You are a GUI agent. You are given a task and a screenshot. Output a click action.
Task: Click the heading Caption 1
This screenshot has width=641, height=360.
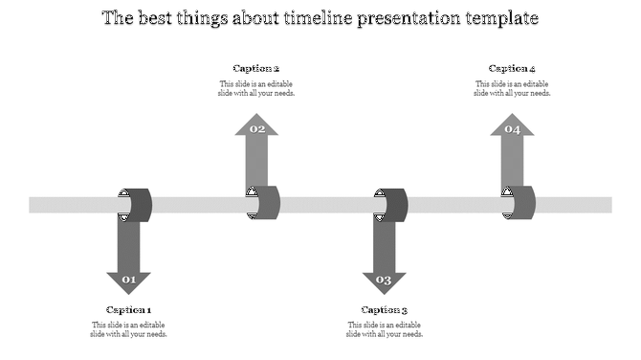[128, 309]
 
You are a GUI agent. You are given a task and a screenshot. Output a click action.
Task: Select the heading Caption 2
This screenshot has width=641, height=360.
[256, 68]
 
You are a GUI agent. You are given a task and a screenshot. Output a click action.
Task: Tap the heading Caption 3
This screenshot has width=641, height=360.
[385, 309]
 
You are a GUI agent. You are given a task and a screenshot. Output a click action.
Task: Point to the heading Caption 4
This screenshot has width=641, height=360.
[512, 68]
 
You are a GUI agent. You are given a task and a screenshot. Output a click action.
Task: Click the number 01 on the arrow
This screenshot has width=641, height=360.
[128, 281]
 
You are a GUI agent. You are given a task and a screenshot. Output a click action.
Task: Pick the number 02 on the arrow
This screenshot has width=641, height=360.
[256, 128]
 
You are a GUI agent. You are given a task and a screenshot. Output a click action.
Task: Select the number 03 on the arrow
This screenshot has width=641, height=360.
[384, 281]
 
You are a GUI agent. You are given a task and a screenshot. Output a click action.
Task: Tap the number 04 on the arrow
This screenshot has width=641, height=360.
[512, 129]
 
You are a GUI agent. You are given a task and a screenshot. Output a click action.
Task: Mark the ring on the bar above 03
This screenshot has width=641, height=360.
[392, 205]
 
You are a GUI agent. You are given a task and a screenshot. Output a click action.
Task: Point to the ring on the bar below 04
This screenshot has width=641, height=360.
[520, 203]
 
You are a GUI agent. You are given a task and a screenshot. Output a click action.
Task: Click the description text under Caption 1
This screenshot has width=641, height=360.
[128, 329]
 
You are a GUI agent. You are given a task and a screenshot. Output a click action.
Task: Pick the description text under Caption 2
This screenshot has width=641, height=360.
[256, 88]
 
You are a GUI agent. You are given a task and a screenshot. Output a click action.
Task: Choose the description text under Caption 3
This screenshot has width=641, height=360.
[385, 329]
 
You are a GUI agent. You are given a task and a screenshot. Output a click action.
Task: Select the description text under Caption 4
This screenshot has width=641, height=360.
[512, 88]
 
